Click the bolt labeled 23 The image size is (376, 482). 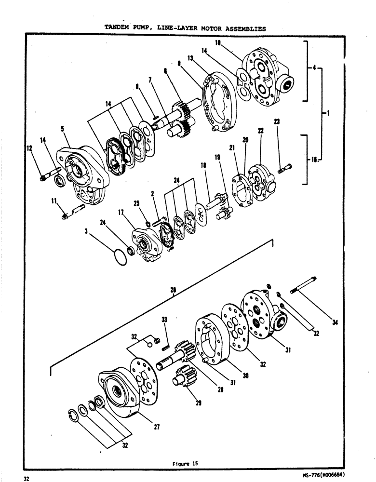[284, 169]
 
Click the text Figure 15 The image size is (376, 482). [185, 464]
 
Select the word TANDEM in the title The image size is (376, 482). [118, 28]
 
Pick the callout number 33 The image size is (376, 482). [164, 319]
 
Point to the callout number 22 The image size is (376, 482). [261, 131]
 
